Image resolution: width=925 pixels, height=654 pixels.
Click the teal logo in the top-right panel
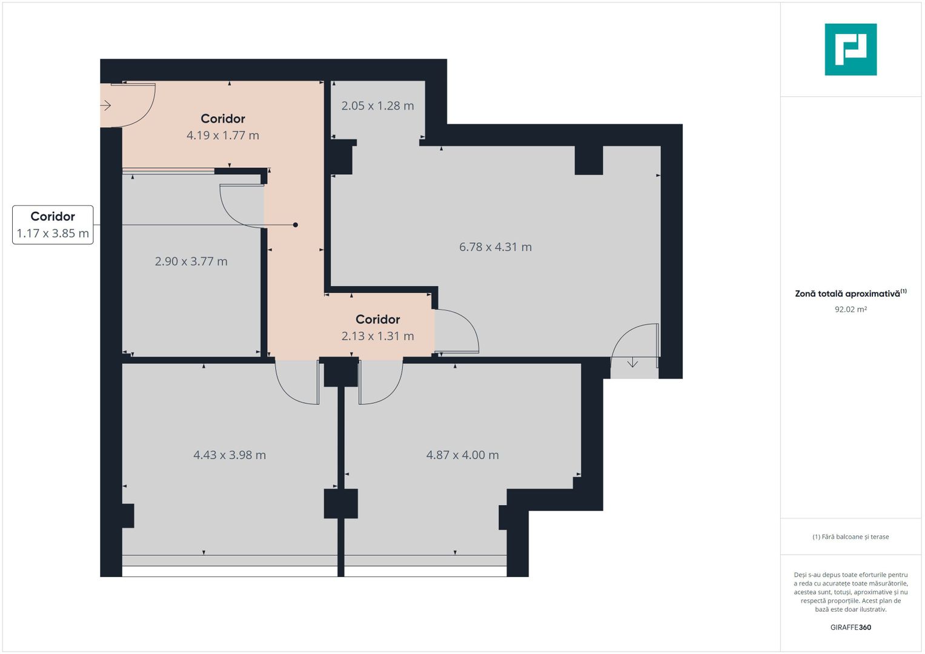850,50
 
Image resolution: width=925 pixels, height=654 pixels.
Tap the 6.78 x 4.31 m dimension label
495,247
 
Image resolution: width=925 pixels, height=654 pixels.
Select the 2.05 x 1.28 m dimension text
377,106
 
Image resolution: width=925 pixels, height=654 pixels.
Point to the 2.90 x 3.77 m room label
191,262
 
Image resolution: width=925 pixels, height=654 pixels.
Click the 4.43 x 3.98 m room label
230,455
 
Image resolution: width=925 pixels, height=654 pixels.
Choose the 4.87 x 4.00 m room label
462,455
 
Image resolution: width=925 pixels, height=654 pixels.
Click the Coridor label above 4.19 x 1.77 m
223,119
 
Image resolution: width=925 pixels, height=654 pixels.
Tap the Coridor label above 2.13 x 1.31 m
377,319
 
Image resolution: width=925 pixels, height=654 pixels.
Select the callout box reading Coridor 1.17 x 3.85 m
53,225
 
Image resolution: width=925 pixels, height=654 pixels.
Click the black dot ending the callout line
296,225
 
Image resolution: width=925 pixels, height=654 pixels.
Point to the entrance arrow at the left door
105,106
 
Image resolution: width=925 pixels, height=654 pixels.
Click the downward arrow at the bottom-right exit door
632,363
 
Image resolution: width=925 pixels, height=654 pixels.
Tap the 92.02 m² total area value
850,309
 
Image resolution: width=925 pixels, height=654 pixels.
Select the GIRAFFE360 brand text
850,627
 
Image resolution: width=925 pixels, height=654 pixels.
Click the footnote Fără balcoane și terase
850,537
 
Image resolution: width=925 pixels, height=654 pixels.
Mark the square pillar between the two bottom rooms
340,503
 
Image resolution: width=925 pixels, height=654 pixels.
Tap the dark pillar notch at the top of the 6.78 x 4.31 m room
588,160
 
